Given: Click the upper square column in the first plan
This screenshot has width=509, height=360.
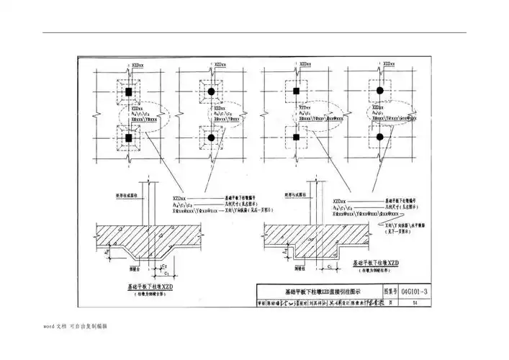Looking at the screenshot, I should [x=129, y=93].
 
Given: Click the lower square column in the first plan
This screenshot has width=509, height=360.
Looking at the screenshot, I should [x=129, y=137].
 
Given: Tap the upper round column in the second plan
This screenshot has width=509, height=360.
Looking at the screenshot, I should [x=212, y=93].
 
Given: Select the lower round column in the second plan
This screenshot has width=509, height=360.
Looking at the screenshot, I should [x=212, y=137].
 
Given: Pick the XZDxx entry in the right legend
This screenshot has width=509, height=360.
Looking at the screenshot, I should [x=341, y=197].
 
